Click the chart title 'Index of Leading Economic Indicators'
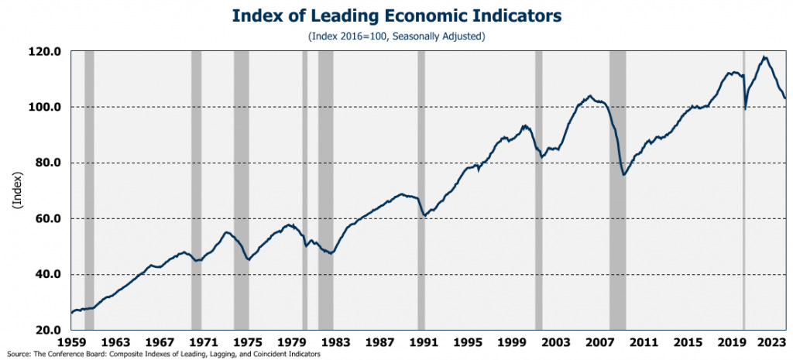click(396, 15)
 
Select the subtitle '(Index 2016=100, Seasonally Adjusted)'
click(396, 36)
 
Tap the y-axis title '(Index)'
click(16, 190)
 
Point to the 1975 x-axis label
click(248, 341)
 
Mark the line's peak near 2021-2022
click(765, 57)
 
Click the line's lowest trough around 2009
click(623, 175)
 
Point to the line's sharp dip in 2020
click(745, 108)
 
